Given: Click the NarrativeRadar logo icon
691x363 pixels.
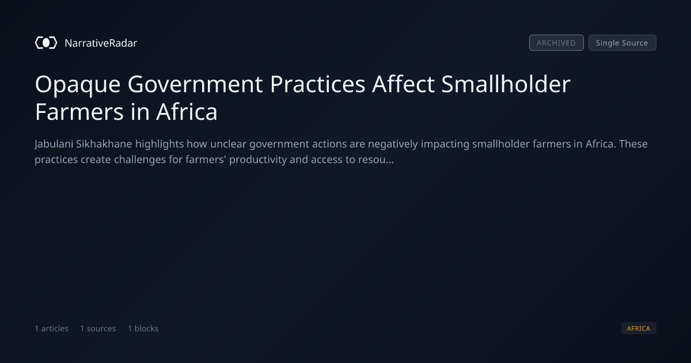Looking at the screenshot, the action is [x=46, y=43].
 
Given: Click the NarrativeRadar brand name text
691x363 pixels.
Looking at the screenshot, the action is [x=101, y=43].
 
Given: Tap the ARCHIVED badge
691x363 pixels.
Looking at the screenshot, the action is [x=556, y=43].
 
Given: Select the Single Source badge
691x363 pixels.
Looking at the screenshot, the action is [x=622, y=43].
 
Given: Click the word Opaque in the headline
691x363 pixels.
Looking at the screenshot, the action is [x=78, y=85].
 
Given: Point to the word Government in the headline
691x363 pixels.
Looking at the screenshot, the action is [x=195, y=84].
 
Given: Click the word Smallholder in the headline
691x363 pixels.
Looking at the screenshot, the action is [x=506, y=84].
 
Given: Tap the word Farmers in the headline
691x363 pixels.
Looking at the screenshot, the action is [x=79, y=112].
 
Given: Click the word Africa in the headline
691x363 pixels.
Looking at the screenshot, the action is [x=187, y=111].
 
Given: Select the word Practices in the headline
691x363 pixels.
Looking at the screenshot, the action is [x=317, y=84].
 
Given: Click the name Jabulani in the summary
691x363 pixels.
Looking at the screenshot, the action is [x=54, y=144].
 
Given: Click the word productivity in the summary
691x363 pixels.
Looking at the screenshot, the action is [x=258, y=160].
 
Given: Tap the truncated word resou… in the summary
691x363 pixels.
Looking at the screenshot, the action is [x=375, y=160].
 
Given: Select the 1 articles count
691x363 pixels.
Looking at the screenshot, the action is [x=51, y=328].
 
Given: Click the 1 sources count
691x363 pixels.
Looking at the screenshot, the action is [x=98, y=328].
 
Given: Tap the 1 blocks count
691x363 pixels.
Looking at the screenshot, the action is [x=143, y=328].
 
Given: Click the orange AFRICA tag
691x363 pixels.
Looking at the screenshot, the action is [x=639, y=328].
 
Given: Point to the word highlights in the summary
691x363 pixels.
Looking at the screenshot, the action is [x=160, y=144].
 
